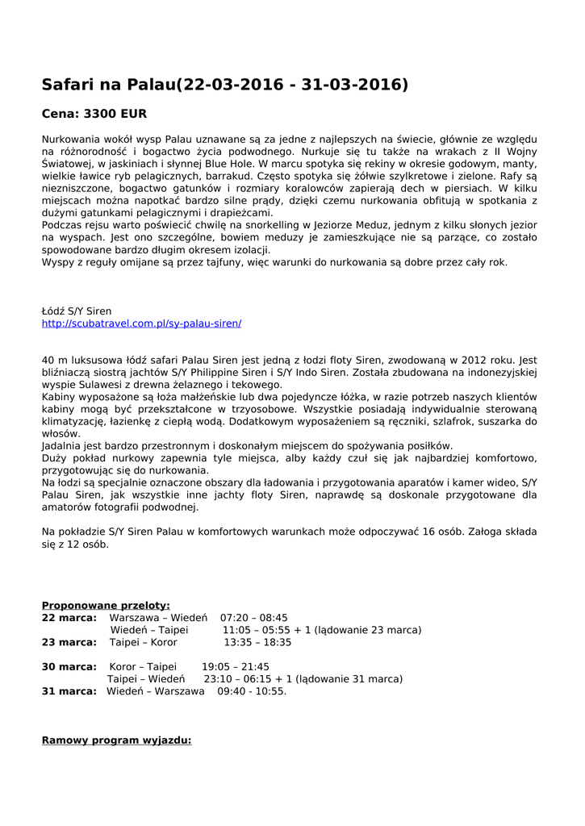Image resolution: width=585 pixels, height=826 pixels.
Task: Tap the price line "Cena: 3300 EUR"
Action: pyautogui.click(x=94, y=114)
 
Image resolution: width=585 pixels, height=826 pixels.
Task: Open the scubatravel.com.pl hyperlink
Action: pyautogui.click(x=141, y=323)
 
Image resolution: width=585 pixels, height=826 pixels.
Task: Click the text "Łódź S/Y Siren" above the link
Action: pyautogui.click(x=77, y=311)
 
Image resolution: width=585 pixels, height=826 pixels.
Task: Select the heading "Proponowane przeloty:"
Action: pyautogui.click(x=106, y=605)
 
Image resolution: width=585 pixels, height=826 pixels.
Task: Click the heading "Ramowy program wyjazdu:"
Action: pyautogui.click(x=116, y=739)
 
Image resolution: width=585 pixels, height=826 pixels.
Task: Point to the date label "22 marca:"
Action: pyautogui.click(x=69, y=618)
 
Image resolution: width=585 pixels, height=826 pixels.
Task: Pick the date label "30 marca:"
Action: pyautogui.click(x=69, y=667)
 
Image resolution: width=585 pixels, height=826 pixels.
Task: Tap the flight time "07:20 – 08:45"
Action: pyautogui.click(x=253, y=618)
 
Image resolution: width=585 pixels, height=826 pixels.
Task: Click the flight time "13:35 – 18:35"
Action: pyautogui.click(x=257, y=643)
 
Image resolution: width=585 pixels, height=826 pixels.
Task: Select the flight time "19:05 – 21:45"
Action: pyautogui.click(x=235, y=667)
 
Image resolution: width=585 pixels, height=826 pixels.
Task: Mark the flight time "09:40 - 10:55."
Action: pyautogui.click(x=252, y=691)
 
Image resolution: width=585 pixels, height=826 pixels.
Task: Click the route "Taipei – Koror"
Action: pyautogui.click(x=143, y=643)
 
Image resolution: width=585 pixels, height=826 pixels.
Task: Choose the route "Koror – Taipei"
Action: pyautogui.click(x=143, y=667)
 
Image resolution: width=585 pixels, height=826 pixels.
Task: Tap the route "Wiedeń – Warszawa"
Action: pyautogui.click(x=156, y=691)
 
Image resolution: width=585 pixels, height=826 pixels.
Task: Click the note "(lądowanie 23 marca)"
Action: pyautogui.click(x=368, y=630)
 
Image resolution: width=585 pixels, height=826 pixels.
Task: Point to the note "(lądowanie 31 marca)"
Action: pyautogui.click(x=349, y=679)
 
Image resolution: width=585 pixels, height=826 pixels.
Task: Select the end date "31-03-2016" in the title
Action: pyautogui.click(x=354, y=85)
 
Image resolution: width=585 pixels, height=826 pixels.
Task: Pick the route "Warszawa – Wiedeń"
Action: pyautogui.click(x=158, y=618)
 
